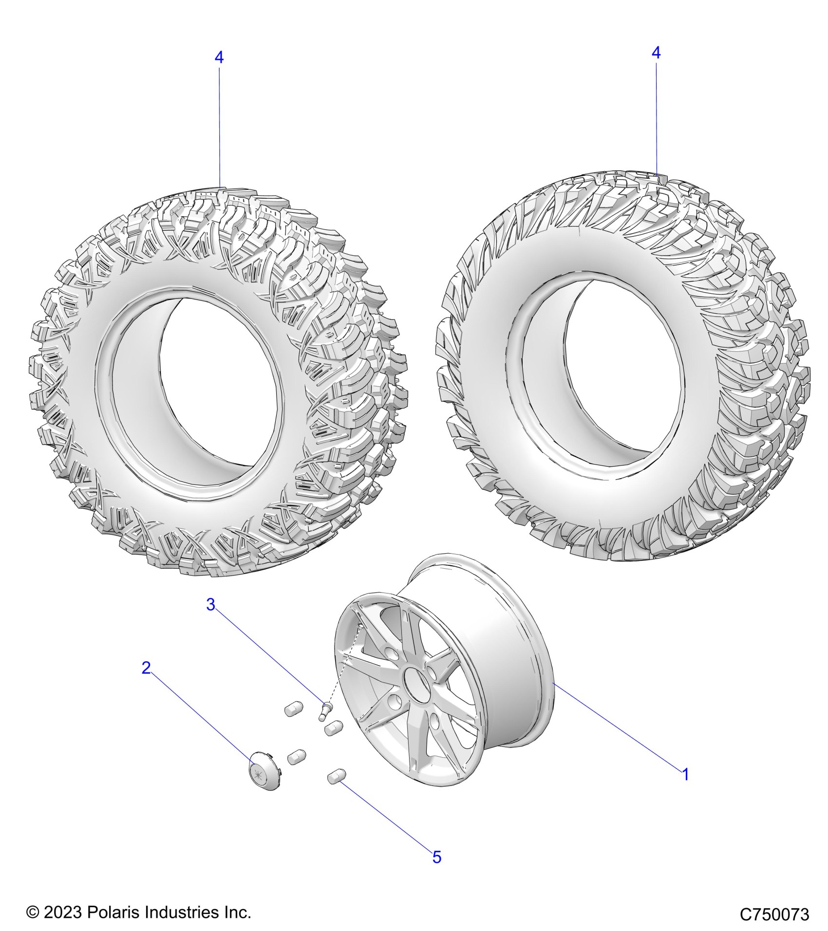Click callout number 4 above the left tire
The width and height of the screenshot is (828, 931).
pyautogui.click(x=219, y=57)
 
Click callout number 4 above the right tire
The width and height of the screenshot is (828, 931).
pyautogui.click(x=656, y=53)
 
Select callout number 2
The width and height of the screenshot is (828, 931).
pyautogui.click(x=146, y=668)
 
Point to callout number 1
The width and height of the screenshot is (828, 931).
pyautogui.click(x=685, y=774)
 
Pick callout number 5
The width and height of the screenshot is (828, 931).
pyautogui.click(x=437, y=857)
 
